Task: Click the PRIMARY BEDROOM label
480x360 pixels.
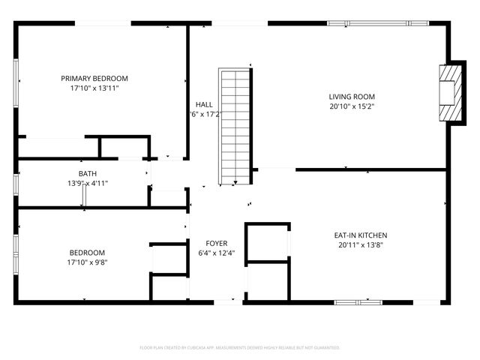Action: click(x=94, y=78)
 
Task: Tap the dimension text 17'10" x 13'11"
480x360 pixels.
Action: click(x=94, y=88)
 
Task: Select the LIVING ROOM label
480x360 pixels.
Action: click(x=352, y=97)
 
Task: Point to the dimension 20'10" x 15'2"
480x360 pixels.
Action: click(x=352, y=106)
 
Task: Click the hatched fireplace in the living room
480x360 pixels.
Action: click(x=450, y=91)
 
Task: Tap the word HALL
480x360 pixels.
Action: click(x=203, y=104)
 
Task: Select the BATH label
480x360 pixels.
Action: click(x=87, y=174)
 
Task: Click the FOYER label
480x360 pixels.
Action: click(x=217, y=243)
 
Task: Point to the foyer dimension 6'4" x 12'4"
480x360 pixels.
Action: click(x=217, y=253)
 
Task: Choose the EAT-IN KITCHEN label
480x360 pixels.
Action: click(x=361, y=235)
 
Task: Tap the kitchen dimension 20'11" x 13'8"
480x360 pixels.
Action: click(x=361, y=244)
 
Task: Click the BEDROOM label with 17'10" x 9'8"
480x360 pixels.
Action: click(x=88, y=253)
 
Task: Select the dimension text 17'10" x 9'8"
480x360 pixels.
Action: click(x=88, y=262)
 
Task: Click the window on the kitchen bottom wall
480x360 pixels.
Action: click(x=358, y=302)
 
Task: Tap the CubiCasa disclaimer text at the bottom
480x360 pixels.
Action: click(x=240, y=348)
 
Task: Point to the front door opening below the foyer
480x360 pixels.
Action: click(x=229, y=302)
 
